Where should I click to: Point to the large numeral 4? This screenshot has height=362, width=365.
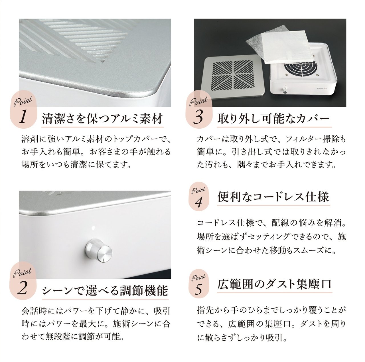pyautogui.click(x=198, y=202)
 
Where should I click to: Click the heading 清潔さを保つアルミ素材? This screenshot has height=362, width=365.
pyautogui.click(x=102, y=119)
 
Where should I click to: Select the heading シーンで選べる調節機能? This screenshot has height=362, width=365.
pyautogui.click(x=105, y=291)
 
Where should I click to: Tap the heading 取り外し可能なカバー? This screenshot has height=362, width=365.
pyautogui.click(x=274, y=119)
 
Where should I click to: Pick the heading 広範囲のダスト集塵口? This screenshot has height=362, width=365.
pyautogui.click(x=274, y=284)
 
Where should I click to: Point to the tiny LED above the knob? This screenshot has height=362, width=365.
pyautogui.click(x=93, y=227)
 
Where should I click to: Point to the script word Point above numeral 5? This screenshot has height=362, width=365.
pyautogui.click(x=198, y=278)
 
